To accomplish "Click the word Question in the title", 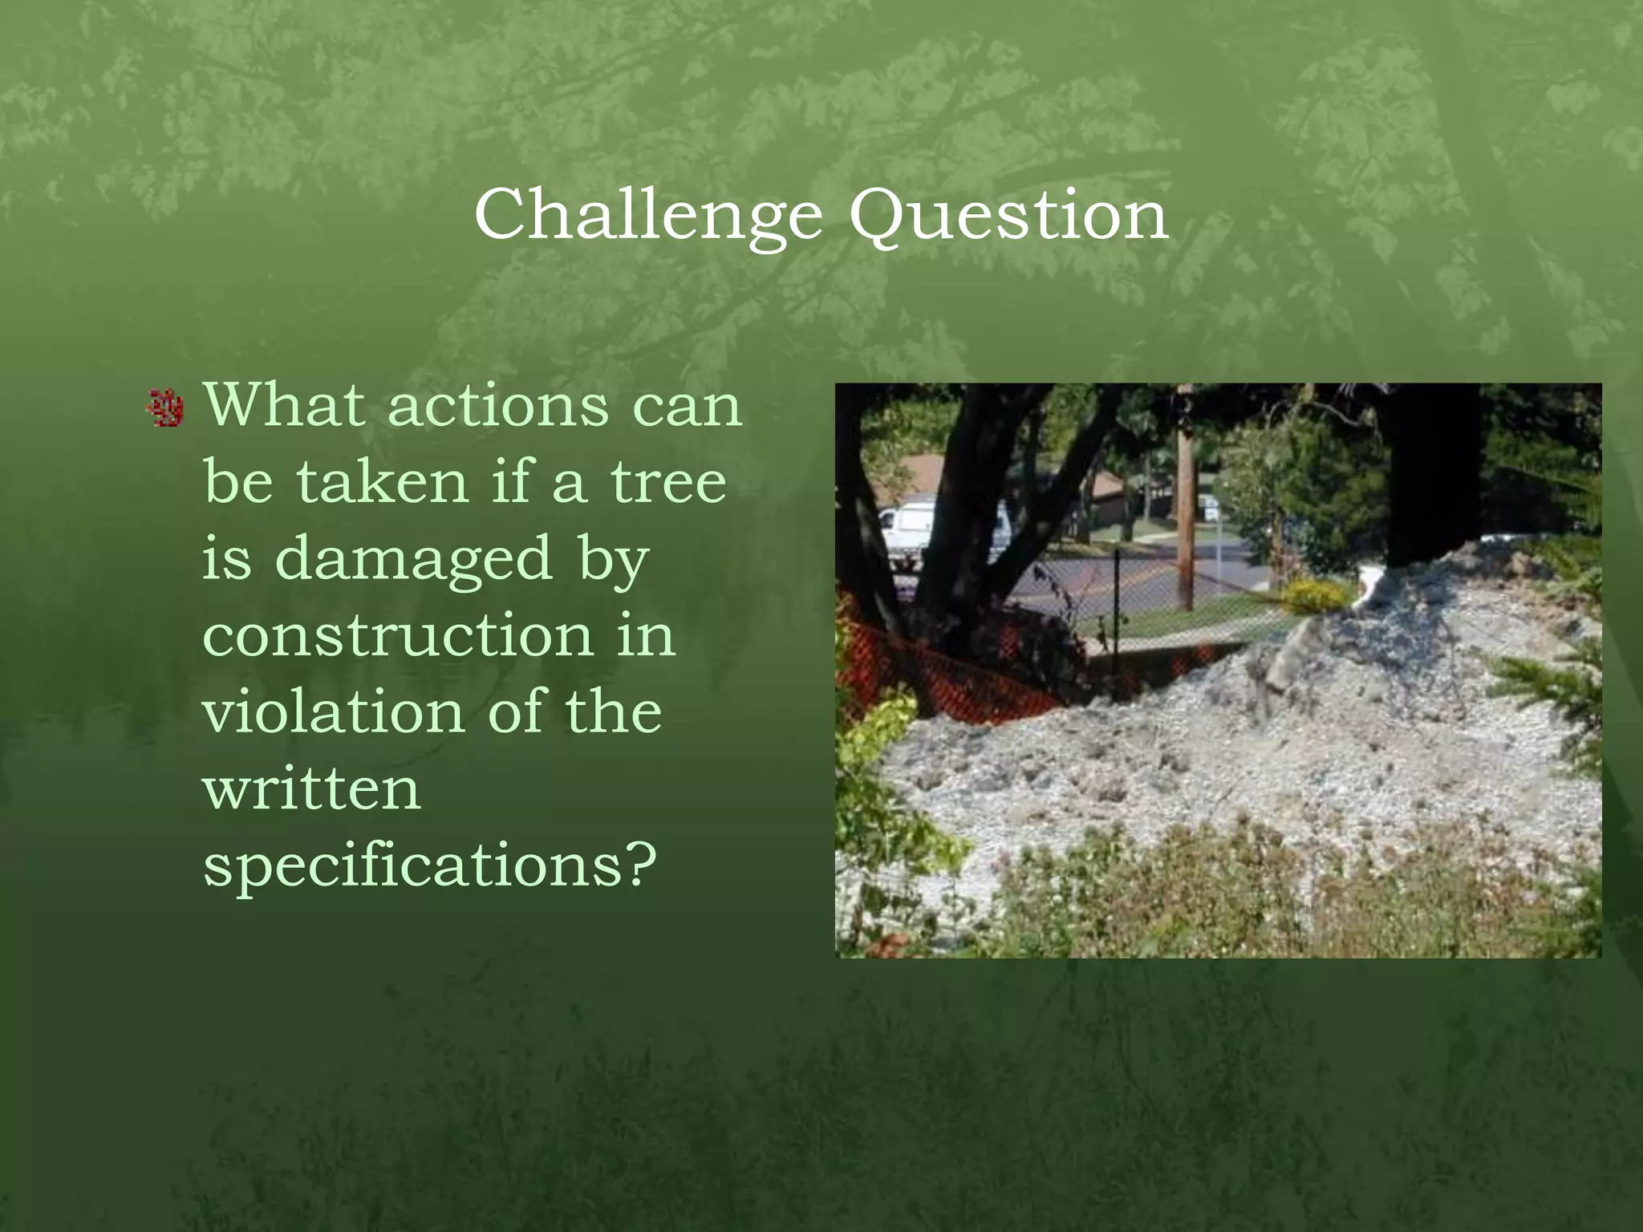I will tap(1008, 215).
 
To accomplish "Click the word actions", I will tap(498, 406).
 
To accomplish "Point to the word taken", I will tap(382, 482).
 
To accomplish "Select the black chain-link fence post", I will tap(1117, 598).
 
